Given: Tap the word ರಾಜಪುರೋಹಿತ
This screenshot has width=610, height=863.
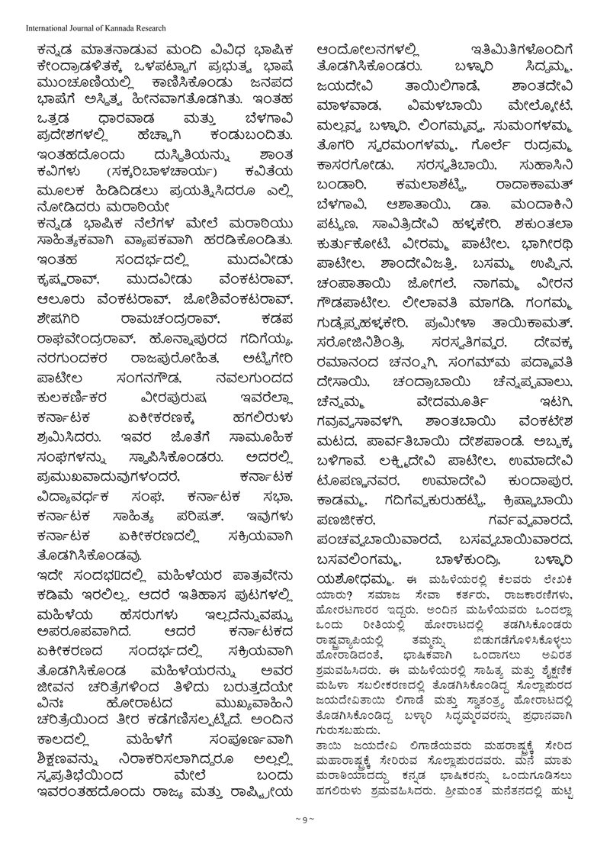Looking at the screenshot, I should point(172,356).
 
